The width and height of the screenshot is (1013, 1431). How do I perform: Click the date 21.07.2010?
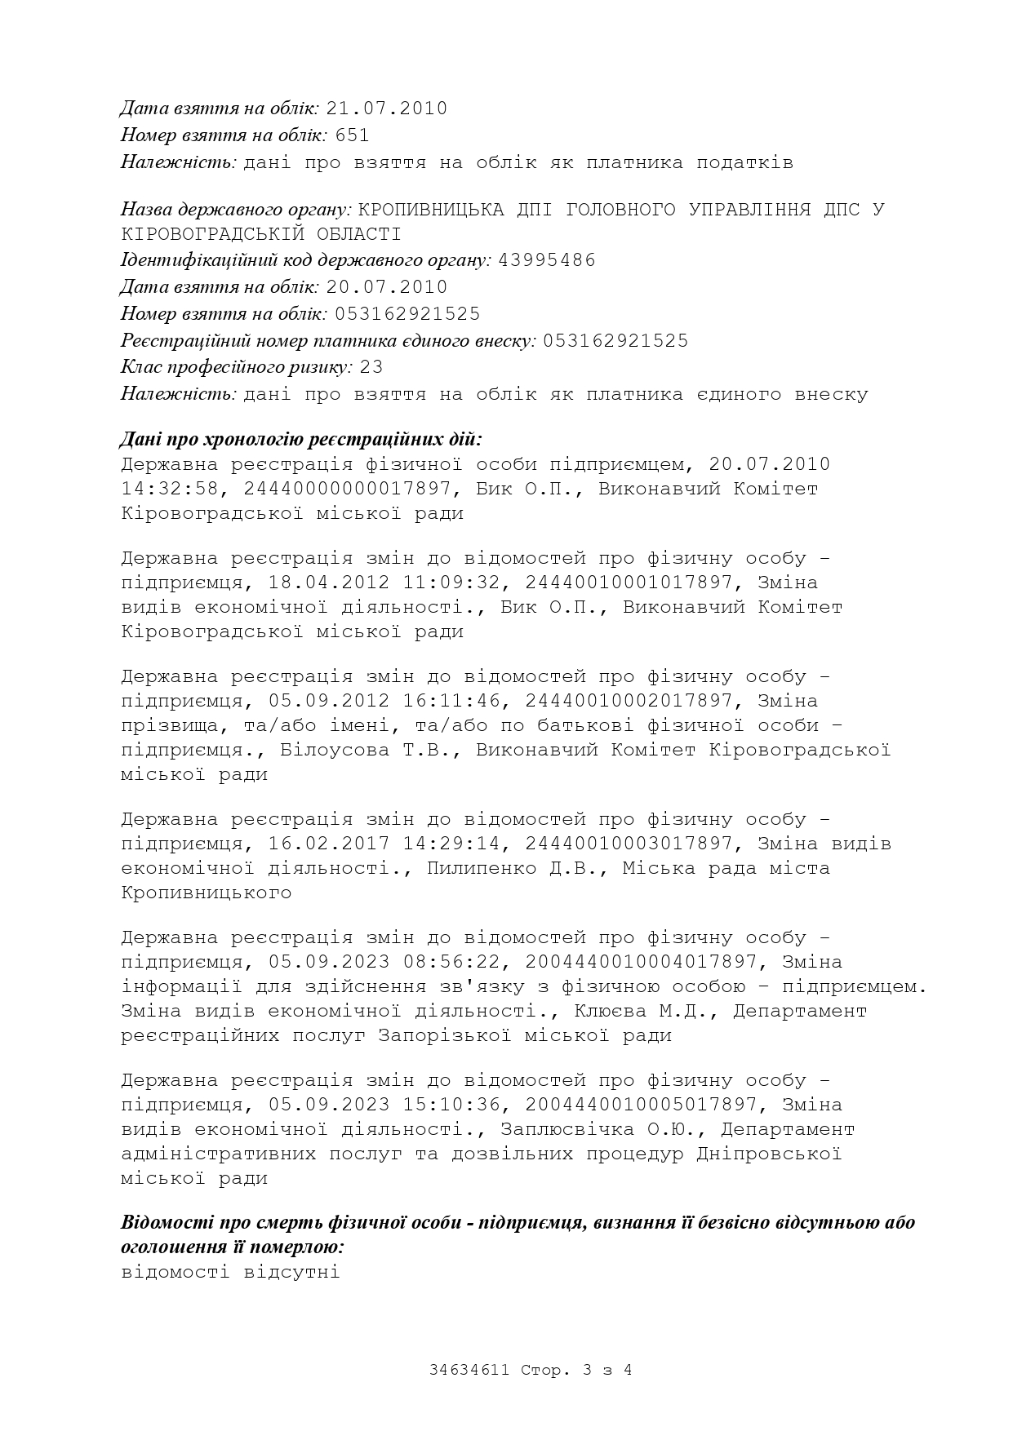[386, 109]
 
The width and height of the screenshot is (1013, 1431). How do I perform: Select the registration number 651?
[352, 135]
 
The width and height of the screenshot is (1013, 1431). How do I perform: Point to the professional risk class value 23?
[371, 367]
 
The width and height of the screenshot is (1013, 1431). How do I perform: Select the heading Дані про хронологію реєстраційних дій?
[301, 440]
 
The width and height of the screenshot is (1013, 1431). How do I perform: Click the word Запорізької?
[445, 1035]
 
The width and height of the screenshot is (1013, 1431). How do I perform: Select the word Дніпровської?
[769, 1154]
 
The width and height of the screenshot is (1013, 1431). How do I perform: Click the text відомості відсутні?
[230, 1271]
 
